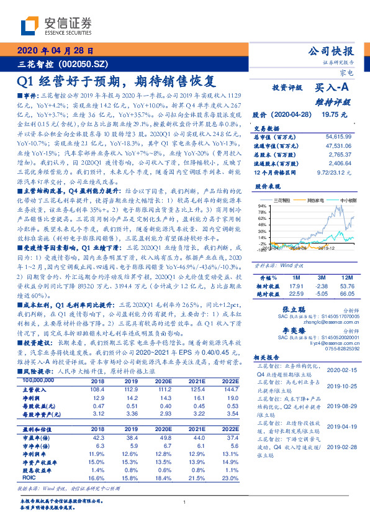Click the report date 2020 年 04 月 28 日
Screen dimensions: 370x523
tap(56, 52)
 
